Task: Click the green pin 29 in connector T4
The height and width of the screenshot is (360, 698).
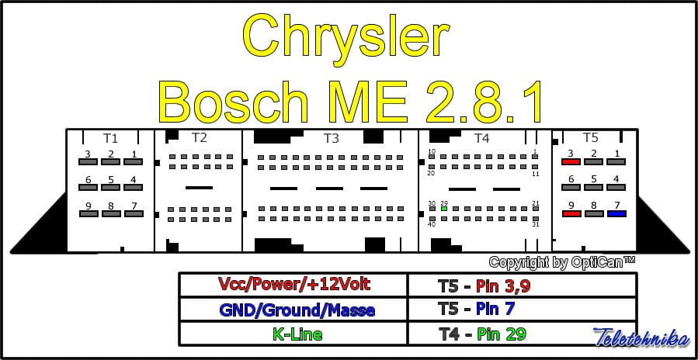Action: point(444,208)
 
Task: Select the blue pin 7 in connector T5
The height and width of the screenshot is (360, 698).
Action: point(616,213)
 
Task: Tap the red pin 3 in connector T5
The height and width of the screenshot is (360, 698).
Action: point(571,161)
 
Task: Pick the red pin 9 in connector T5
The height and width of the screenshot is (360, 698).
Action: point(571,213)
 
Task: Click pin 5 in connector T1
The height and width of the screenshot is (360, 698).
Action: point(111,187)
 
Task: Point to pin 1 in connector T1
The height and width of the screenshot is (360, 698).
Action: point(133,161)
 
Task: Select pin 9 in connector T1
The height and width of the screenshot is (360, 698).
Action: point(89,213)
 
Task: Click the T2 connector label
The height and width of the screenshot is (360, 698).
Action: point(200,137)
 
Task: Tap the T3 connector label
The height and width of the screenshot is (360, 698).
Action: point(331,138)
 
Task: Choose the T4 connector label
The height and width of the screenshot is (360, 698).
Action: point(481,138)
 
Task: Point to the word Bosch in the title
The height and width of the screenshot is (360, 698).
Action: point(234,102)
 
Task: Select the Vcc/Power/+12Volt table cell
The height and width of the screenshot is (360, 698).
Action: point(293,284)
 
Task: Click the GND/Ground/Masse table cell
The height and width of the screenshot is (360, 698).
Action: point(293,310)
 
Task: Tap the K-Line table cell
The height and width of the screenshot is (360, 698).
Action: point(293,334)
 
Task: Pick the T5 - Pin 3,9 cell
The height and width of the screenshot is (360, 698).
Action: point(522,284)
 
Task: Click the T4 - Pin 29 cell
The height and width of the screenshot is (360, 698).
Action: point(522,334)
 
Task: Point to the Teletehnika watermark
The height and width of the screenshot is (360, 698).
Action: point(641,337)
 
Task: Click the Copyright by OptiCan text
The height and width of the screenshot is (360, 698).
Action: point(562,262)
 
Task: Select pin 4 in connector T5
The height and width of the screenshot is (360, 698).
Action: point(616,187)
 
